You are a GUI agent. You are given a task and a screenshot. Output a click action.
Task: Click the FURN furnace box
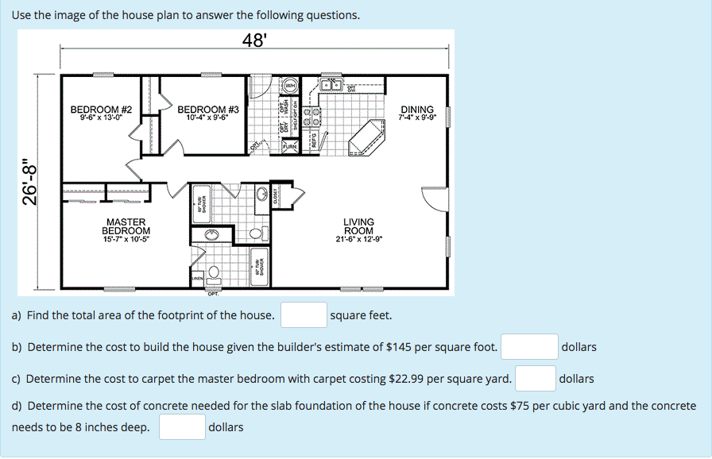click(290, 146)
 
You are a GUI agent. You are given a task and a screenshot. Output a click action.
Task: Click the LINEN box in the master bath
click(196, 280)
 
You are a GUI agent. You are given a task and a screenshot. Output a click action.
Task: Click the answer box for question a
click(304, 315)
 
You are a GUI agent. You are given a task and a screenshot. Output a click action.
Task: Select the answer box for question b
click(529, 347)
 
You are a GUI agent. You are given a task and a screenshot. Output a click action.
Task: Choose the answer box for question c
click(533, 379)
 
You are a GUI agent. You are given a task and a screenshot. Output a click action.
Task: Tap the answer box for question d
click(182, 427)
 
